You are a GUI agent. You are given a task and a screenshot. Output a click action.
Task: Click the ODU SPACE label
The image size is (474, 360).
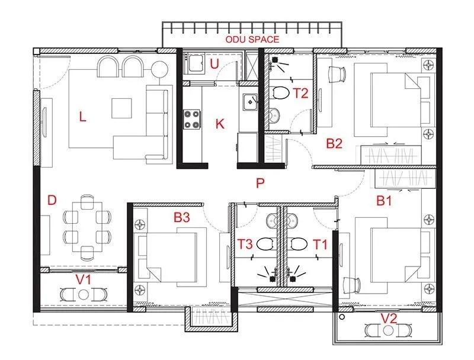tap(251, 40)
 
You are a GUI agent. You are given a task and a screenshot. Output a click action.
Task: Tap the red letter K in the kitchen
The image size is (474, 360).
tap(220, 124)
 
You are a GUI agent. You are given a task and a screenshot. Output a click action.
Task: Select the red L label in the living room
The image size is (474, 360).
tap(82, 117)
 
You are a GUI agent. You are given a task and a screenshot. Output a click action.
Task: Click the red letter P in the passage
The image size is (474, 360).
tap(260, 183)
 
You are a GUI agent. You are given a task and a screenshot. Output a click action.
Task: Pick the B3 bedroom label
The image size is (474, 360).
tap(181, 218)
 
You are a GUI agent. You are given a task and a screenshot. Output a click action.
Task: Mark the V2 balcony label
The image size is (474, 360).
tap(388, 319)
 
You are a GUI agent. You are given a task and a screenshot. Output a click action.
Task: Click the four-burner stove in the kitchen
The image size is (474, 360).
tap(192, 118)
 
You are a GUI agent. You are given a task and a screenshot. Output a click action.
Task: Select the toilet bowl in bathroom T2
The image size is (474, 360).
tap(280, 93)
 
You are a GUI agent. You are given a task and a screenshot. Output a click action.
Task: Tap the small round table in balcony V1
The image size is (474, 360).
tap(85, 294)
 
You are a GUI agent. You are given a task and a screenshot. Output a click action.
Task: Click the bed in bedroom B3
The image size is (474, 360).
tap(168, 255)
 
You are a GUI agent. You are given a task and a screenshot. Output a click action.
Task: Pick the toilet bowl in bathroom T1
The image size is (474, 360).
tap(297, 243)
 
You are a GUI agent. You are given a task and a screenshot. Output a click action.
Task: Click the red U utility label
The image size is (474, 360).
tap(214, 64)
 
